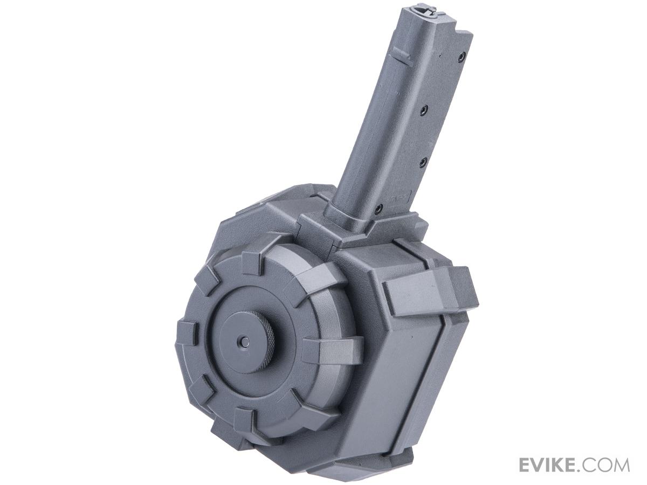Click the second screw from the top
[425, 109]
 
